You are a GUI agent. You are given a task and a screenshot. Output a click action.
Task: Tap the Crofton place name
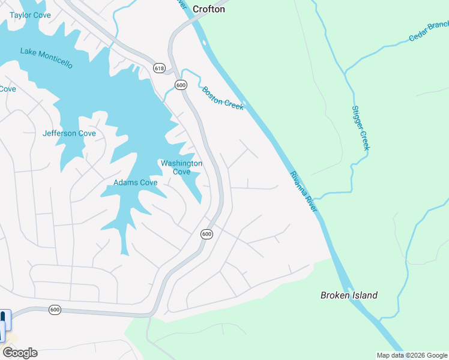point(209,9)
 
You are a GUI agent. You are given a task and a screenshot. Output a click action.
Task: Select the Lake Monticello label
point(46,58)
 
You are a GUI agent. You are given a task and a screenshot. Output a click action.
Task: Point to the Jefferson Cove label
point(69,133)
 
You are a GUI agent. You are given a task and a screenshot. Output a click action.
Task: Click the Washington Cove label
point(181,167)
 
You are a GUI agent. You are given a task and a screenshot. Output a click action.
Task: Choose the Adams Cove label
point(136,182)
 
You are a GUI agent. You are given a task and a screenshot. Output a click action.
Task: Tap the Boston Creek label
point(223,98)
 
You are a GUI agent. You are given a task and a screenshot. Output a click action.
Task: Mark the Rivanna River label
point(303,191)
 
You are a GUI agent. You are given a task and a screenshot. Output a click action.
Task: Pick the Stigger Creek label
point(360,128)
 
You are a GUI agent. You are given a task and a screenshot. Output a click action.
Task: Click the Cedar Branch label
point(429,32)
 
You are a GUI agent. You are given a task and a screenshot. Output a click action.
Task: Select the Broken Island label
point(349,295)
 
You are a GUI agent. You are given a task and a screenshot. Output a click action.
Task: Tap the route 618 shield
point(158,68)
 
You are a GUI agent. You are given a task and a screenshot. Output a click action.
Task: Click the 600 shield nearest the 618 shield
point(181,85)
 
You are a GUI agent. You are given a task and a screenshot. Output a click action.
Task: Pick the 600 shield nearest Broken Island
point(206,234)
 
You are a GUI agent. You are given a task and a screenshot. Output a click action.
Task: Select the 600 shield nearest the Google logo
point(55,310)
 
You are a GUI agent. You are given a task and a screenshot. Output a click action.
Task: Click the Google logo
point(20,353)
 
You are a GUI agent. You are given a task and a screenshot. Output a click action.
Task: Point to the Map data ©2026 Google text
point(412,355)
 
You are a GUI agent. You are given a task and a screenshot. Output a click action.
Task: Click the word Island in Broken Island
point(365,295)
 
